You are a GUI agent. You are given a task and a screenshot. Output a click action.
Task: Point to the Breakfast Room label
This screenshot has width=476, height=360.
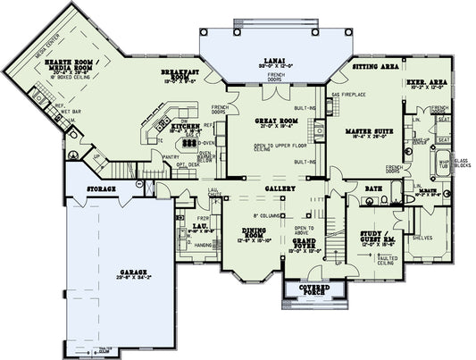pyautogui.click(x=180, y=73)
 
